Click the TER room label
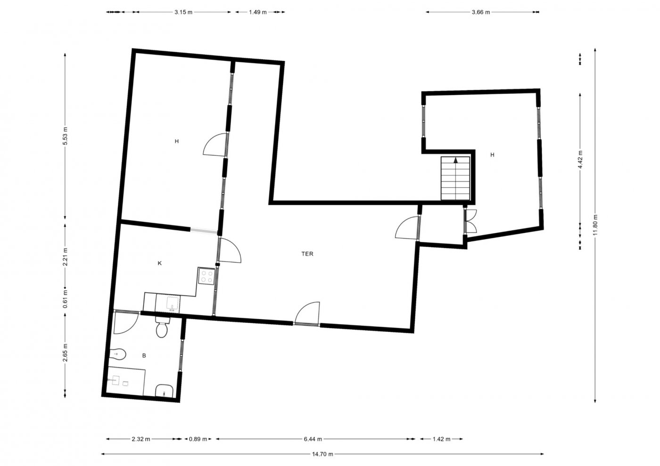click(307, 254)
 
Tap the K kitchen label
click(160, 263)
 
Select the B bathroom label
click(144, 355)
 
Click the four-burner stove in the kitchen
click(206, 276)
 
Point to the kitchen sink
click(173, 303)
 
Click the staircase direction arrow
click(456, 161)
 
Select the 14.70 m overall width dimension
click(322, 454)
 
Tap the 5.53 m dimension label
click(65, 136)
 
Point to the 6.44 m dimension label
click(313, 439)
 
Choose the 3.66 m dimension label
click(481, 12)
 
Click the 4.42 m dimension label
click(580, 159)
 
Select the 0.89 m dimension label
click(198, 439)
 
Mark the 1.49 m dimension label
click(257, 12)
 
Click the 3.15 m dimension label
click(183, 12)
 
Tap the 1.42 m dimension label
click(441, 439)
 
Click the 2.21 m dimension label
click(65, 257)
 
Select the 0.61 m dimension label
click(65, 299)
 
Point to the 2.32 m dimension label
click(141, 439)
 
